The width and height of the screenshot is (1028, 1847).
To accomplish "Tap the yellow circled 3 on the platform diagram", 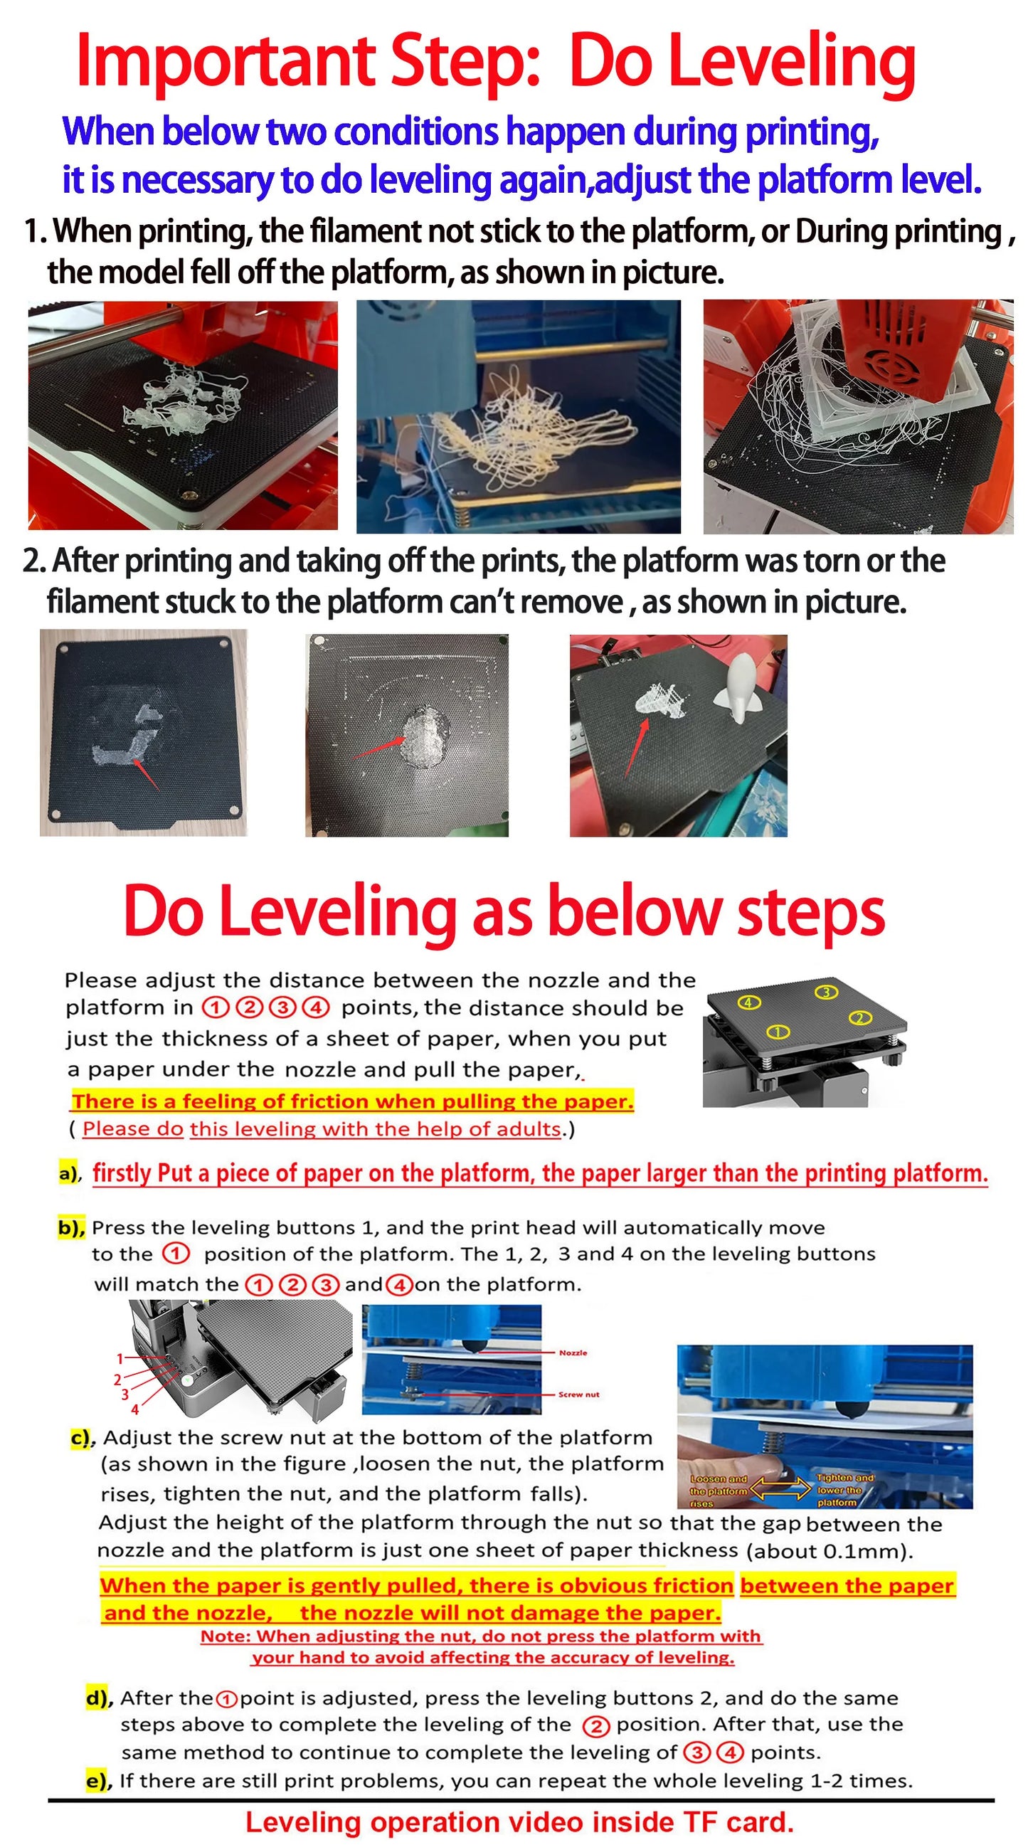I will pyautogui.click(x=826, y=993).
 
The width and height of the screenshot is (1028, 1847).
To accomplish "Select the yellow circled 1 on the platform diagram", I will pyautogui.click(x=778, y=1032).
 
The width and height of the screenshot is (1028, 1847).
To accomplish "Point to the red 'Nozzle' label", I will pyautogui.click(x=573, y=1353).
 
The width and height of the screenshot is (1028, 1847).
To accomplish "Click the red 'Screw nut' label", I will pyautogui.click(x=578, y=1394).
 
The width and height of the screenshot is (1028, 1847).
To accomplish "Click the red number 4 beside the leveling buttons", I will pyautogui.click(x=134, y=1409).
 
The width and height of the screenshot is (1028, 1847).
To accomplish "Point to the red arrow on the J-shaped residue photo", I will pyautogui.click(x=146, y=775).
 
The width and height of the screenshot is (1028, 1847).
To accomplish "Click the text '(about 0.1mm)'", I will pyautogui.click(x=830, y=1552).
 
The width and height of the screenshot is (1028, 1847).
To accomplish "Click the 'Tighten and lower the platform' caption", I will pyautogui.click(x=844, y=1490).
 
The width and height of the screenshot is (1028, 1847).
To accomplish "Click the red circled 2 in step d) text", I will pyautogui.click(x=595, y=1726).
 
